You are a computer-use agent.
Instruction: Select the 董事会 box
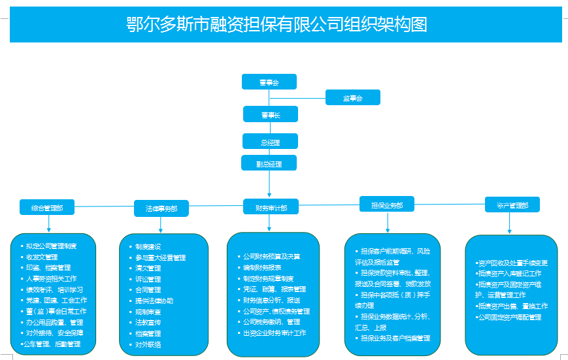tap(269, 82)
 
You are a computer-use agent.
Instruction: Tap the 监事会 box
tap(352, 97)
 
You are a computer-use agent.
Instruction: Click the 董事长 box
tap(270, 114)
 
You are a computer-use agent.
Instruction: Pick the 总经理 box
tap(270, 141)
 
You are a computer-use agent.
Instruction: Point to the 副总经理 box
tap(269, 163)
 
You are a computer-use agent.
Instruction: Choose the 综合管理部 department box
tap(47, 208)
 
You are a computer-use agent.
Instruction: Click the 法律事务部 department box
tap(161, 208)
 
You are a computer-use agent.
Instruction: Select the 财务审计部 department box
tap(270, 208)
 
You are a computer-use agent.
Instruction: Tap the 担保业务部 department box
tap(387, 205)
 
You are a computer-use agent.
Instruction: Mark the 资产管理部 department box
tap(512, 205)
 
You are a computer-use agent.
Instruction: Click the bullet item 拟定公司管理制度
tap(50, 246)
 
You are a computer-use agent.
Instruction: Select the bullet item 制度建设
tap(148, 247)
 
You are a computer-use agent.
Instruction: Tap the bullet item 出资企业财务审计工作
tap(274, 333)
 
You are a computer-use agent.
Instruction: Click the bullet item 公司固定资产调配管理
tap(509, 317)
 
